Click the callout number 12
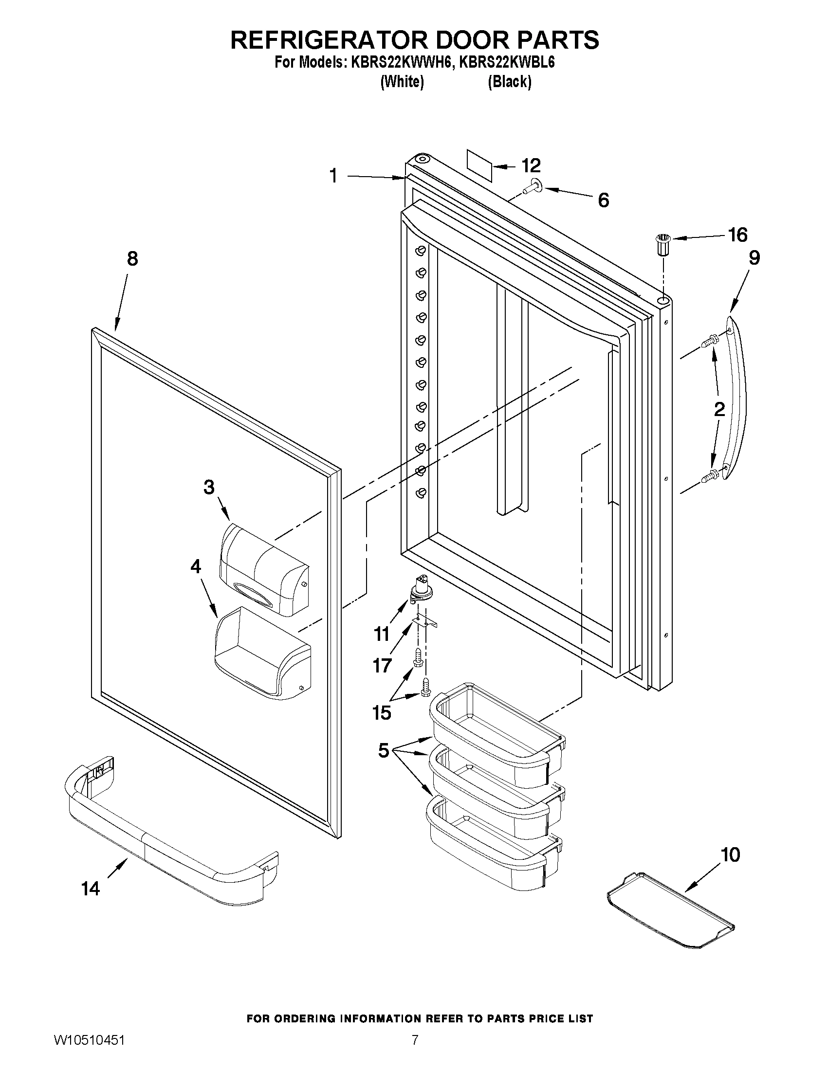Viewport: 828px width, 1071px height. pos(531,165)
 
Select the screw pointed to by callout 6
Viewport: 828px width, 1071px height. pos(530,187)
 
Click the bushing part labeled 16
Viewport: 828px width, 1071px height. pos(663,244)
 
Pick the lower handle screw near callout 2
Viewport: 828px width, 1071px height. pos(710,474)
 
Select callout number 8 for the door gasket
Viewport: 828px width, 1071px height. pos(132,258)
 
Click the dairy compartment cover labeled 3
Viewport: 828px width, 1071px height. pos(264,570)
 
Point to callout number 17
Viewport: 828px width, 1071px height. pos(382,666)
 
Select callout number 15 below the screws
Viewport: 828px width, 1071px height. pos(382,712)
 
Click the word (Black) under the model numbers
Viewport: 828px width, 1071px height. pos(509,82)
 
